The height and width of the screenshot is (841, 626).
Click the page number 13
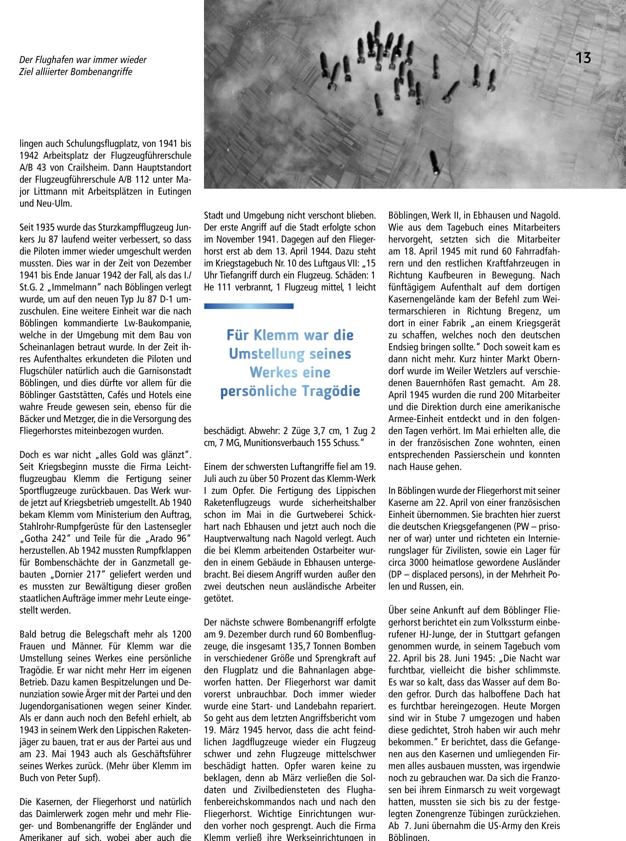[x=583, y=58]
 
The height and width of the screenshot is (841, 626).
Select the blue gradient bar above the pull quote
[x=249, y=306]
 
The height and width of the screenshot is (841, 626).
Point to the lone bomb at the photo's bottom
[x=434, y=162]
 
